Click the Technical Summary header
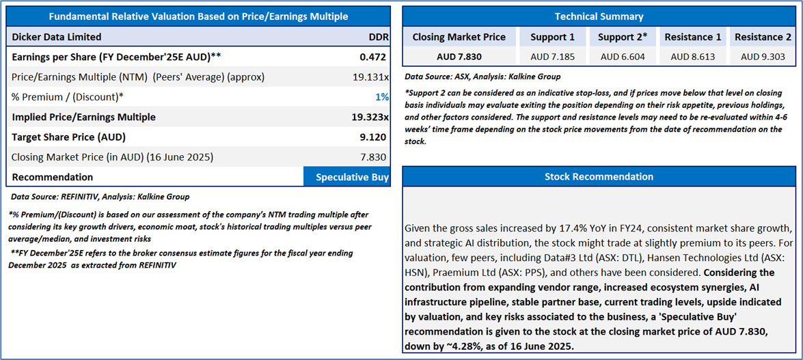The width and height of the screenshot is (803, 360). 599,16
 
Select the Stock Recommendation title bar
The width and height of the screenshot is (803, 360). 599,176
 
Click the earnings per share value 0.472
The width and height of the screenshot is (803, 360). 374,57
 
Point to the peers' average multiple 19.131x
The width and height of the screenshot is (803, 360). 370,77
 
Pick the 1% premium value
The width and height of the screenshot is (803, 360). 382,97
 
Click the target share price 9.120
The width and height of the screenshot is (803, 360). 372,137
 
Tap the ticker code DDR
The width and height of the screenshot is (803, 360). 378,37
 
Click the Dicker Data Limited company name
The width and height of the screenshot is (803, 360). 57,37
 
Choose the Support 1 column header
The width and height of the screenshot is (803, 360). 552,37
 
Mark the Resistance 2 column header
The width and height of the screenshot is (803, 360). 763,37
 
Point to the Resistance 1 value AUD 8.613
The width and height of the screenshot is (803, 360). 692,57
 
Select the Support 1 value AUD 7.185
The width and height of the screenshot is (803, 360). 552,57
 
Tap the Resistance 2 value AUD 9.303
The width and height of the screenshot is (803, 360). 763,57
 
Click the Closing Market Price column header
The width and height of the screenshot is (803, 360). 459,37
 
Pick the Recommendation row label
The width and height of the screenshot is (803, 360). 53,177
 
